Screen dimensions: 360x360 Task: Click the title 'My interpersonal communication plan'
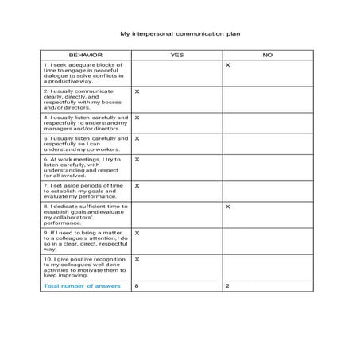[180, 34]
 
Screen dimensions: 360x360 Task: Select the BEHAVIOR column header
[86, 55]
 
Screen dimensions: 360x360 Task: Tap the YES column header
[176, 55]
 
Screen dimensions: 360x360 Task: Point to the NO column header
[268, 55]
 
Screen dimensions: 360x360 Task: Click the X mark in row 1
[228, 65]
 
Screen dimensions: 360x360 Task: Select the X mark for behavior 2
[137, 91]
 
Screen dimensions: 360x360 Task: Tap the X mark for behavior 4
[137, 118]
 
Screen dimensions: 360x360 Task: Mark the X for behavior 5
[137, 138]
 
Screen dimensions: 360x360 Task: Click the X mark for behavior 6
[137, 159]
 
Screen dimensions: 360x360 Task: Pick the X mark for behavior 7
[137, 185]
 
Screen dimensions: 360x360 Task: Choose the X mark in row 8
[228, 207]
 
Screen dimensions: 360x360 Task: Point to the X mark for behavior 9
[137, 233]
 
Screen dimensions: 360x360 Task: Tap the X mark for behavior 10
[137, 259]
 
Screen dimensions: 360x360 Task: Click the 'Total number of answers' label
[83, 286]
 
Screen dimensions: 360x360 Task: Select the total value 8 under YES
[137, 286]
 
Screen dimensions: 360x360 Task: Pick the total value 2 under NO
[227, 286]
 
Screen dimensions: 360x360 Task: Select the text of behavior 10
[85, 268]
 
